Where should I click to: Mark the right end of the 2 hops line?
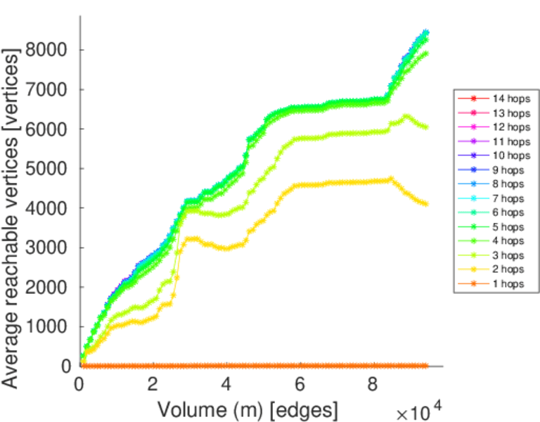[426, 204]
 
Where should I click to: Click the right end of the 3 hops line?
[426, 127]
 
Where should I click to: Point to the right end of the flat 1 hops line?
[426, 366]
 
